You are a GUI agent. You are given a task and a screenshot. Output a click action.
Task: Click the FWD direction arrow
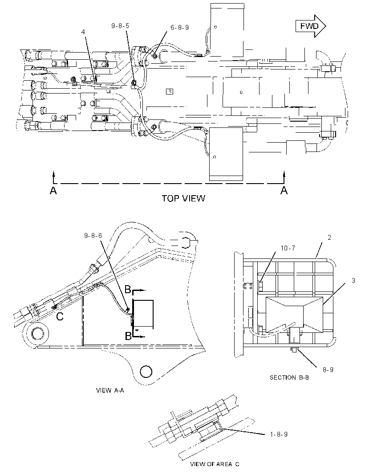311,26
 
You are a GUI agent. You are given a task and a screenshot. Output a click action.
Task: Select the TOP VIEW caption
183,198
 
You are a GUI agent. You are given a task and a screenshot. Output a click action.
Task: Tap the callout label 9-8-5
120,26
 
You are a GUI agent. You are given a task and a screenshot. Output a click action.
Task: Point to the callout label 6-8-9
179,28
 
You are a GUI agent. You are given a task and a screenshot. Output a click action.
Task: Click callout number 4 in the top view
83,32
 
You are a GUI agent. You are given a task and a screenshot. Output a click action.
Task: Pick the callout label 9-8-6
93,235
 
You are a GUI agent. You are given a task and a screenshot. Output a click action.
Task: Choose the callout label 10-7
288,248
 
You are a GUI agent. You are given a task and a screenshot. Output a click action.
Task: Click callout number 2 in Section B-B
329,237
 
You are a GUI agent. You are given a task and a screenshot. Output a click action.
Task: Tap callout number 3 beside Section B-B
353,281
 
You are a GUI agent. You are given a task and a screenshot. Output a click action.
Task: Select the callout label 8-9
328,370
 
